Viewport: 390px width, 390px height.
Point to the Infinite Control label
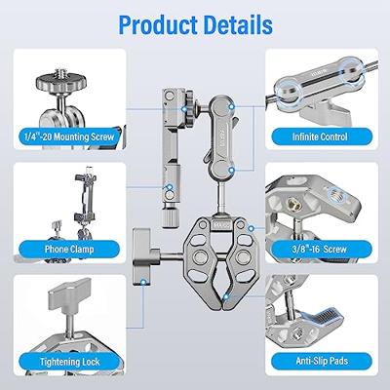pyautogui.click(x=321, y=137)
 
